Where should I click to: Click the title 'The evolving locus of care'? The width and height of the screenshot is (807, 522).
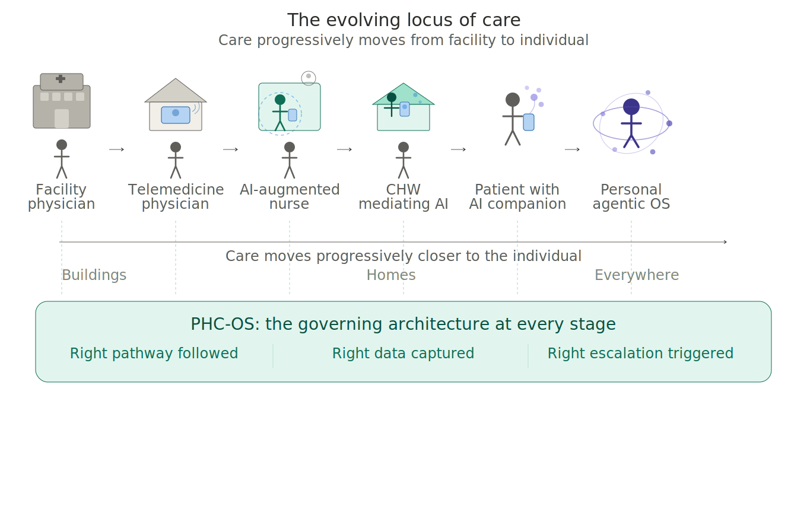click(x=403, y=20)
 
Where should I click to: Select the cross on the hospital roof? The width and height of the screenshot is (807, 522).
click(x=61, y=79)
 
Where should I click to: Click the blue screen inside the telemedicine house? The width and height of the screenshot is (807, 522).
click(x=176, y=114)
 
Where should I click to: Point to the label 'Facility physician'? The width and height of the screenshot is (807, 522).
click(x=62, y=197)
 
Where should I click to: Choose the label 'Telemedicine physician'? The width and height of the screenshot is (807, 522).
click(x=176, y=197)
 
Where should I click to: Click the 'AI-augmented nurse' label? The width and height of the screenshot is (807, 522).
click(x=290, y=197)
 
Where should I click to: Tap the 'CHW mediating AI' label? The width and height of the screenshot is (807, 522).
click(x=403, y=197)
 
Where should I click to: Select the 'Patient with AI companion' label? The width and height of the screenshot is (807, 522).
click(x=517, y=197)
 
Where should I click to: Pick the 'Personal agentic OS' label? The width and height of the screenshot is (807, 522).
click(x=631, y=197)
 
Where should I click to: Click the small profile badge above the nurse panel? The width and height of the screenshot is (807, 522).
click(x=309, y=78)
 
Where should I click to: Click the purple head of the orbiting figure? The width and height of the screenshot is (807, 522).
click(x=631, y=107)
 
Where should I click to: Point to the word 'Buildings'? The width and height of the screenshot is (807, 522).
click(x=94, y=275)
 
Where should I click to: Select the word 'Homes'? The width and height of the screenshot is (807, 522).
click(x=391, y=275)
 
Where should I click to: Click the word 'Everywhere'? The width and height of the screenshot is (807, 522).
click(x=637, y=275)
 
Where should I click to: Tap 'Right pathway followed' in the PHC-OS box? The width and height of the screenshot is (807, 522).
click(x=154, y=354)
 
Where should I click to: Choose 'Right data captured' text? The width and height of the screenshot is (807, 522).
click(x=403, y=354)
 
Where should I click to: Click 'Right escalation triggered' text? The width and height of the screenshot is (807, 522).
click(x=640, y=354)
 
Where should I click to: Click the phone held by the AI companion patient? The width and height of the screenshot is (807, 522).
click(x=529, y=122)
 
